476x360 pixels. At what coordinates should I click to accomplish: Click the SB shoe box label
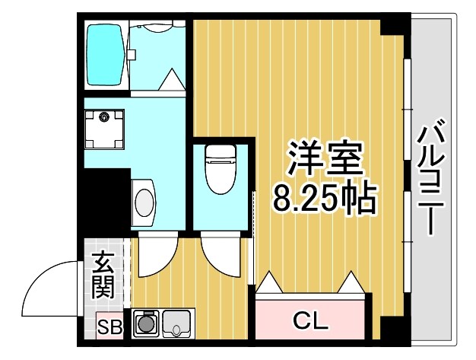[x=109, y=328]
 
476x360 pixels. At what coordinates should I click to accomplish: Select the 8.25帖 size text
[x=325, y=199]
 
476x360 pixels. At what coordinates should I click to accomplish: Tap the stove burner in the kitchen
[x=144, y=324]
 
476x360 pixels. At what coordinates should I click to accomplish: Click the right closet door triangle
[x=351, y=284]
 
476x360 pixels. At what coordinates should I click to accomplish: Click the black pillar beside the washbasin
[x=103, y=199]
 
